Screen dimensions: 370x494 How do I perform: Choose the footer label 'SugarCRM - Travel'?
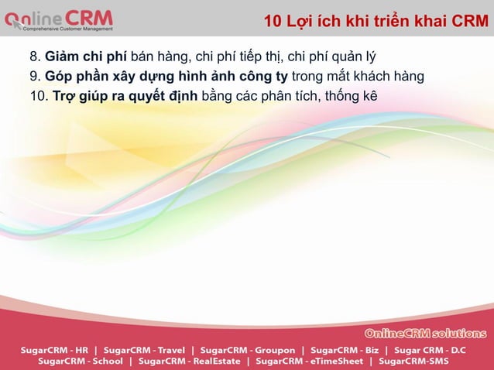146,349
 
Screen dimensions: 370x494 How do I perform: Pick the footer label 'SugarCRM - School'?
81,361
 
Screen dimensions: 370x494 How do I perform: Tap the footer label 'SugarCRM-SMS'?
413,361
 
